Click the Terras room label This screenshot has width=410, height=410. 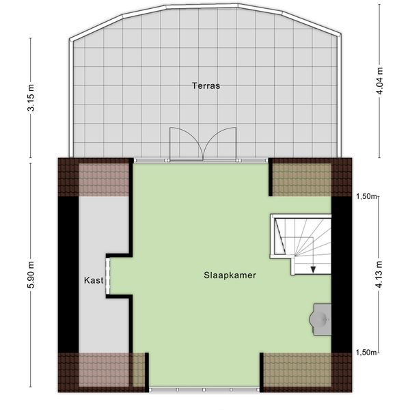coord(206,86)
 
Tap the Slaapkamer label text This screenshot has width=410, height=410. coord(230,275)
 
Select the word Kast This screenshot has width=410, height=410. coord(94,281)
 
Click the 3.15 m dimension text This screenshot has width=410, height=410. coord(31,98)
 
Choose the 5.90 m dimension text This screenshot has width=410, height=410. coord(31,275)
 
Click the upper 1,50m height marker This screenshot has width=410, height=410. coord(366,196)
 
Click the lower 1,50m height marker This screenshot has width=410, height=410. coord(366,353)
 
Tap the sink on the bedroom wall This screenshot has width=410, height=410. coord(320,319)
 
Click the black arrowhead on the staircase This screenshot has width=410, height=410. coord(313,270)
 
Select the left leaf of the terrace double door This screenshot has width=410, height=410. coord(187,143)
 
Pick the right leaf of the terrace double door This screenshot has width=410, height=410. coord(219,143)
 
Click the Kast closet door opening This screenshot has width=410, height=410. coord(108,276)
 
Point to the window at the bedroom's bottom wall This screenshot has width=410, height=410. coord(204,389)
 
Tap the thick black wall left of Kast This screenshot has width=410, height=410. coord(68,275)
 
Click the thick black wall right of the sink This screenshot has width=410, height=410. coord(342,275)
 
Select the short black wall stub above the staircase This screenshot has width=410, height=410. coord(271,177)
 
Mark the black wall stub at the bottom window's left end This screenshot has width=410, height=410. coord(147,372)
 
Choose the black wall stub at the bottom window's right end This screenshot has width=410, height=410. coord(262,372)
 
